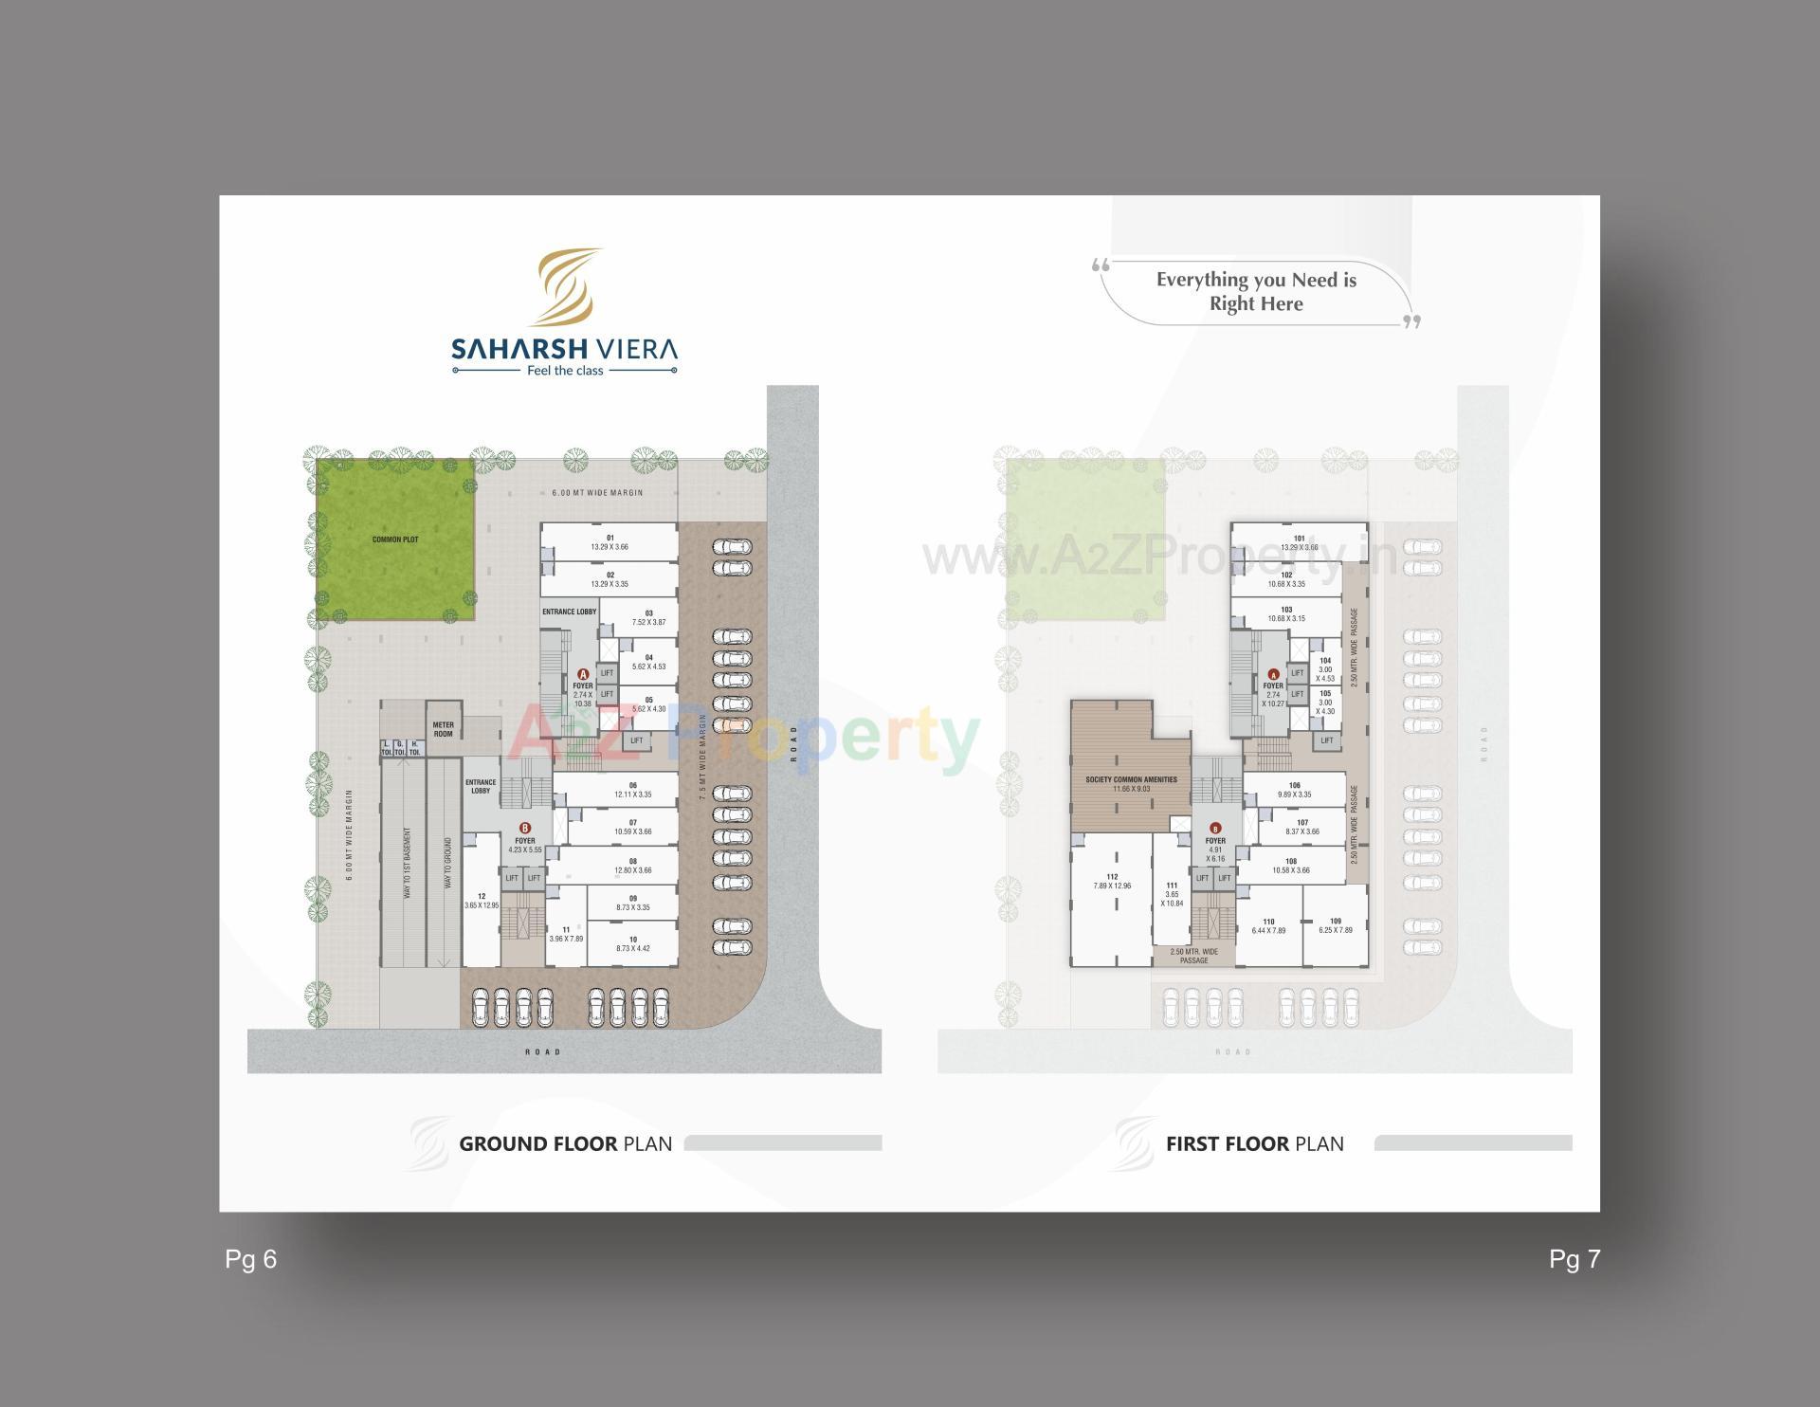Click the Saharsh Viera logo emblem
[567, 286]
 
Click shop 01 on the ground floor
[610, 542]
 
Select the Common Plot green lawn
[395, 539]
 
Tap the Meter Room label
[443, 729]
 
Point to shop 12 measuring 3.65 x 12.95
[482, 901]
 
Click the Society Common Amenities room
[1131, 783]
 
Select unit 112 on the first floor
[1112, 881]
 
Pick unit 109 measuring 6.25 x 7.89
[1335, 925]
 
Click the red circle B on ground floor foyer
[525, 828]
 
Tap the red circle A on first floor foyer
[1273, 674]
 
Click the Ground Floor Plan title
[565, 1143]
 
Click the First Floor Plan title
[1254, 1143]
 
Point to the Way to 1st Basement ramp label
[408, 863]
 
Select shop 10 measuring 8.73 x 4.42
[632, 943]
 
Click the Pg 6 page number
[251, 1259]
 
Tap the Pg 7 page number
[1574, 1259]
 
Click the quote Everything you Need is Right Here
[1256, 292]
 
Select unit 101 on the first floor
[1299, 542]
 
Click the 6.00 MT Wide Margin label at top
[597, 493]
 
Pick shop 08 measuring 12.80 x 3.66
[632, 866]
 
